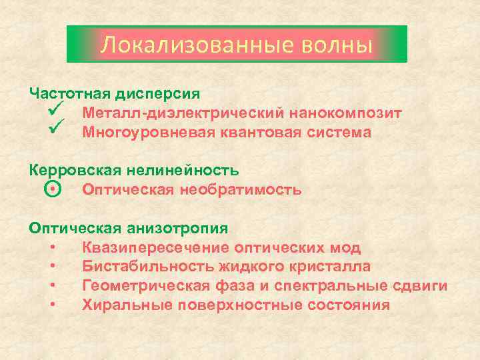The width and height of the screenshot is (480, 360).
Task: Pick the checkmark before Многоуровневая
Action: pyautogui.click(x=55, y=131)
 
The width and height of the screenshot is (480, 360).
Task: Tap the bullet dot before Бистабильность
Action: pyautogui.click(x=53, y=267)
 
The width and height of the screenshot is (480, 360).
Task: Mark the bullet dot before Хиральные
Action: pyautogui.click(x=53, y=305)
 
